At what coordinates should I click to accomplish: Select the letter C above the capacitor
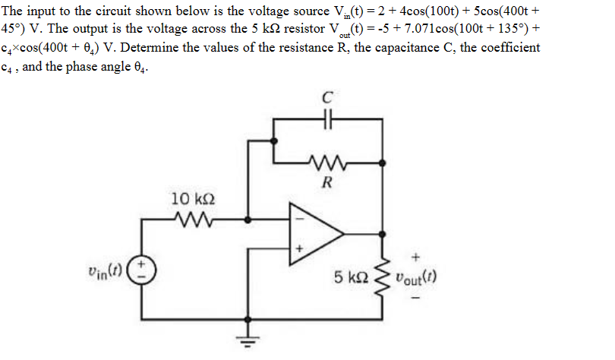328,97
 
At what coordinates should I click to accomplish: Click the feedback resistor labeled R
328,162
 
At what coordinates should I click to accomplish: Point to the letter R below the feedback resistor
328,182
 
